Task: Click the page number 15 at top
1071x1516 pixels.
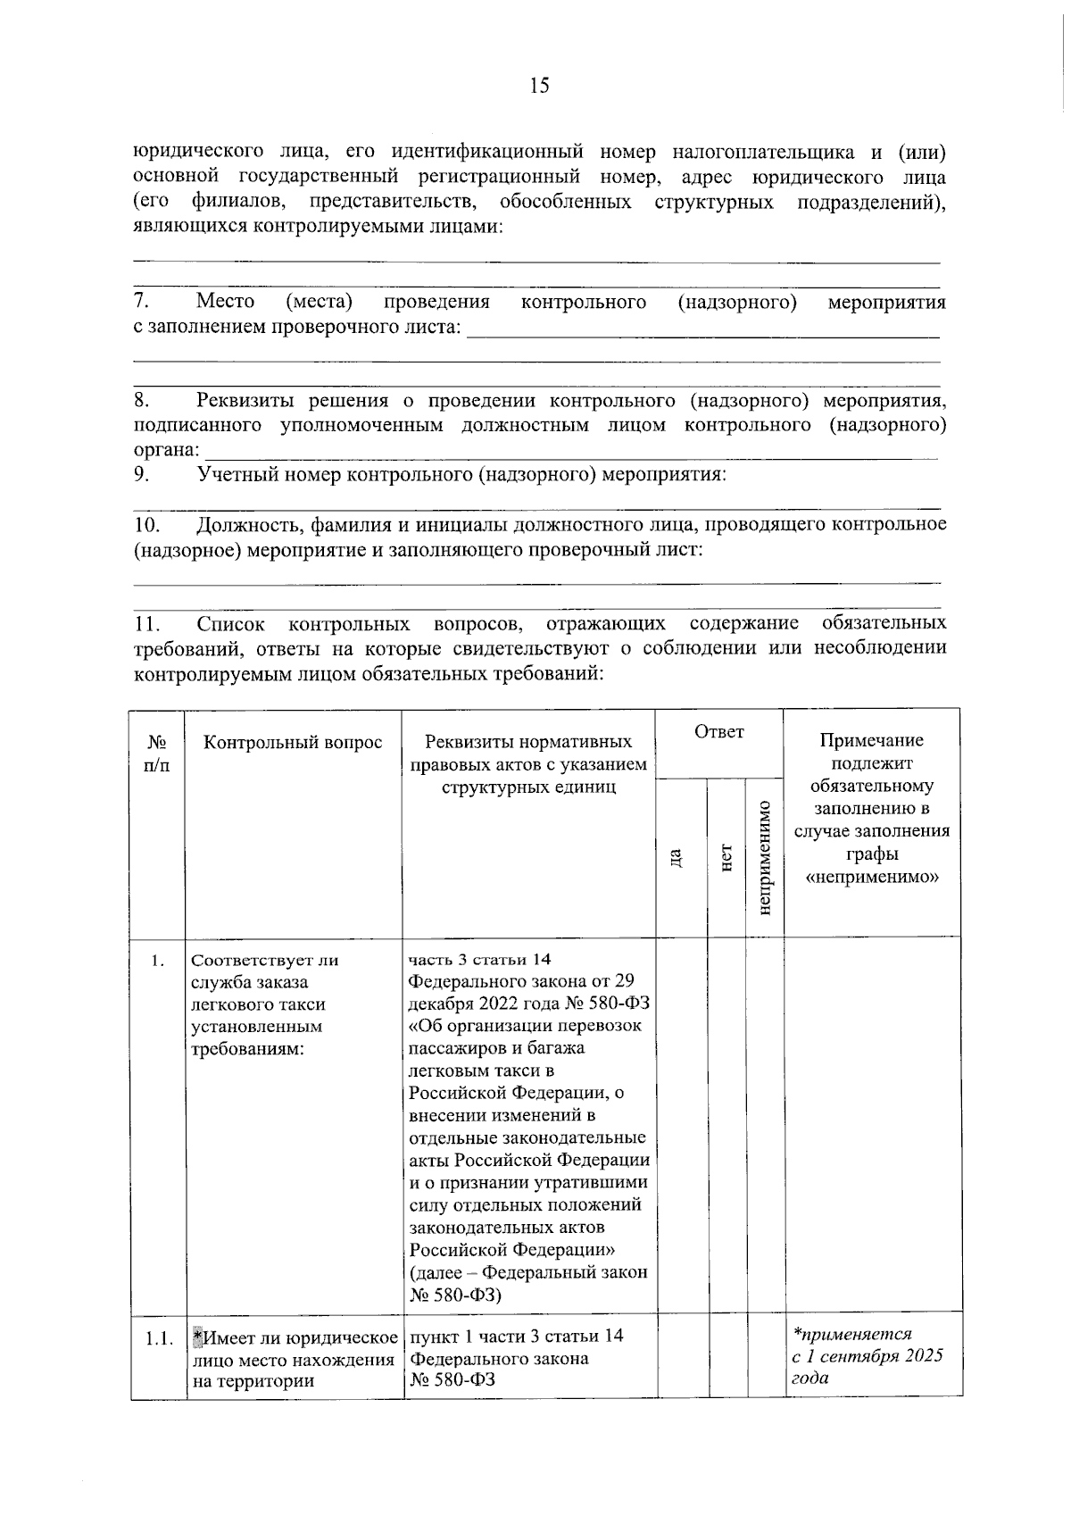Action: pyautogui.click(x=539, y=86)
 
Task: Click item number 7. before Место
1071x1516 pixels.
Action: pyautogui.click(x=142, y=302)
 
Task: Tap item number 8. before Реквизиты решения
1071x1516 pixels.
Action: pyautogui.click(x=142, y=400)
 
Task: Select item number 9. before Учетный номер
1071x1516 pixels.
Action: pyautogui.click(x=142, y=474)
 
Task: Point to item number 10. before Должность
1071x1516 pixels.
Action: pyautogui.click(x=146, y=524)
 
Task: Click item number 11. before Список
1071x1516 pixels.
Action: pyautogui.click(x=146, y=622)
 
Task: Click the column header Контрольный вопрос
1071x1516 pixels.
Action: pyautogui.click(x=293, y=743)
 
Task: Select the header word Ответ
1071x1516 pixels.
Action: pyautogui.click(x=718, y=732)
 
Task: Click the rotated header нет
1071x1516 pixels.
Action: pyautogui.click(x=726, y=857)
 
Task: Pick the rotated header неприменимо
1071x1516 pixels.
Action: pyautogui.click(x=763, y=857)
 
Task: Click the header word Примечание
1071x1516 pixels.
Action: pyautogui.click(x=871, y=740)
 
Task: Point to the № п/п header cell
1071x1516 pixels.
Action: pyautogui.click(x=157, y=754)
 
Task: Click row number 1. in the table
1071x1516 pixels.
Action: pyautogui.click(x=157, y=961)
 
